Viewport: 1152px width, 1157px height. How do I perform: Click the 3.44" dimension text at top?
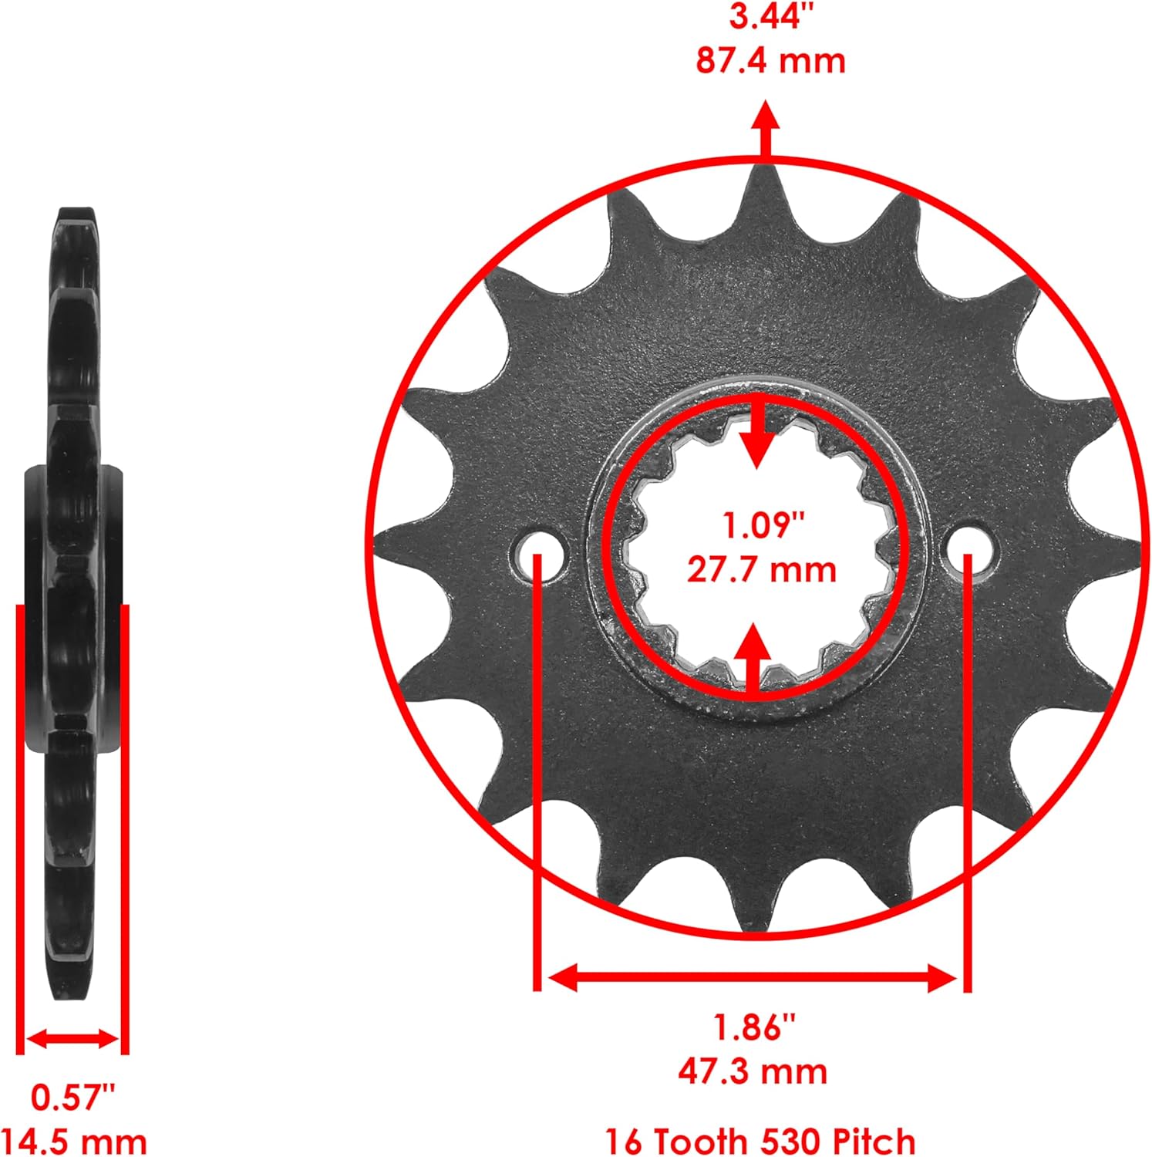coord(766,16)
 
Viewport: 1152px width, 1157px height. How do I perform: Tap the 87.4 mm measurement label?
coord(770,61)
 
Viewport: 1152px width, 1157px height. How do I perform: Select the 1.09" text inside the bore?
coord(762,525)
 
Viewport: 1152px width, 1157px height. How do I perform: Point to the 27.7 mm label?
coord(761,570)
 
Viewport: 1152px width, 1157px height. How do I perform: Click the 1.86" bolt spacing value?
coord(753,1027)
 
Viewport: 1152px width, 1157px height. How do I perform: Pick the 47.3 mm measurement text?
coord(753,1071)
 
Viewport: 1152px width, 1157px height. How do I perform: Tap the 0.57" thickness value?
coord(72,1097)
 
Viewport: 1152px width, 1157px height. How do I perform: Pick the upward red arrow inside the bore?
coord(752,656)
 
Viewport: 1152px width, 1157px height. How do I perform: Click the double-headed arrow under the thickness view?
coord(72,1038)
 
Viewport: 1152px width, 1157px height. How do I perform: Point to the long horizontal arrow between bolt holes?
coord(753,979)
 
